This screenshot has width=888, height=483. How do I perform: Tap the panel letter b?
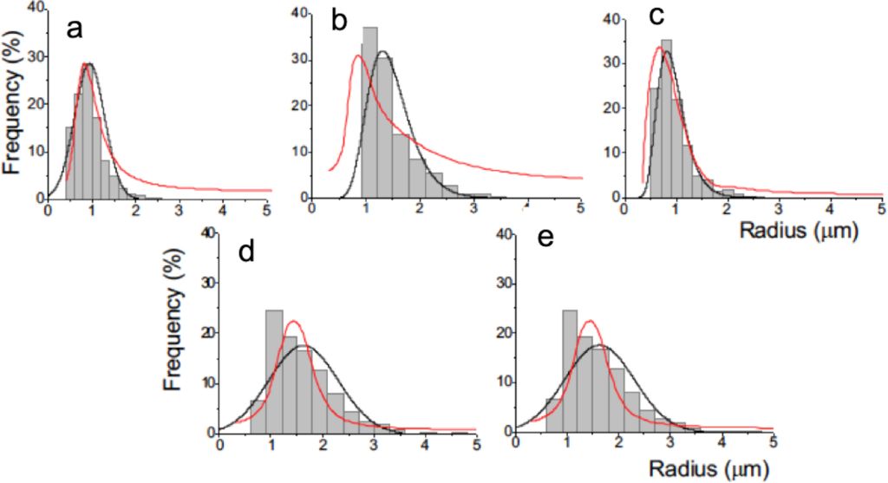tap(339, 23)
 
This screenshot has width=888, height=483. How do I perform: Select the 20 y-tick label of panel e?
tap(502, 333)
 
